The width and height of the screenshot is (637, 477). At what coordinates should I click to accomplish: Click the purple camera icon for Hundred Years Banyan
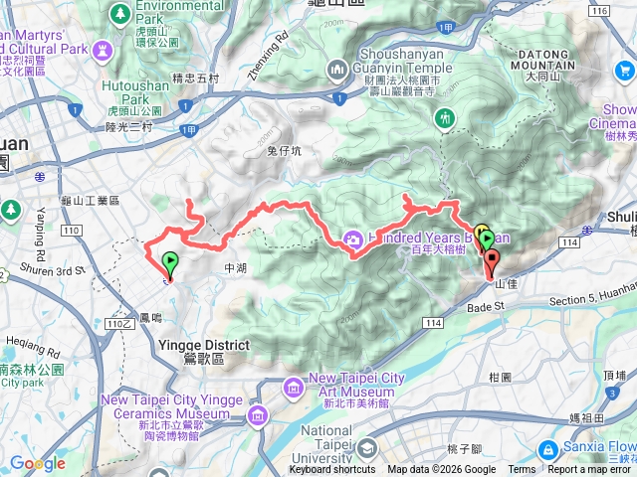pos(352,238)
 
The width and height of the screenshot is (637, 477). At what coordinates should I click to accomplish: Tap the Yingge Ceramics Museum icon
pos(258,413)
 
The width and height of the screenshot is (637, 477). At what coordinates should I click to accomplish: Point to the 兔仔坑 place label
pos(284,150)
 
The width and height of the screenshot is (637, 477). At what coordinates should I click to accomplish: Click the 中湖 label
pos(235,268)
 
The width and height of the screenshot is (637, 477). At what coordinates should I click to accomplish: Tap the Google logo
pos(38,463)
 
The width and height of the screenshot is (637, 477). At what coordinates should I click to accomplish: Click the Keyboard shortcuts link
pos(332,470)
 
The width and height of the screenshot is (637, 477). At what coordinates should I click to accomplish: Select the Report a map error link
pos(591,470)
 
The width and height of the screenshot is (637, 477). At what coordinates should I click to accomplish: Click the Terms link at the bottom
pos(522,470)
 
